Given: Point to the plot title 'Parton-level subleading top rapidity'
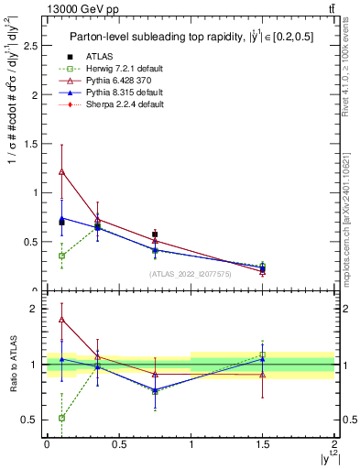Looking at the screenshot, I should click(x=151, y=37).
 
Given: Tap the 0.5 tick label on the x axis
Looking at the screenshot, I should click(x=118, y=446).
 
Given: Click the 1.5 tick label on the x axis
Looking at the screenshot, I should click(x=263, y=446).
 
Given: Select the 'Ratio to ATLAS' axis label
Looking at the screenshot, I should click(x=12, y=365).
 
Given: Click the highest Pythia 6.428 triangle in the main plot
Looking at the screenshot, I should click(x=61, y=171).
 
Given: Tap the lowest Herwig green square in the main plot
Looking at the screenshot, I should click(x=61, y=256).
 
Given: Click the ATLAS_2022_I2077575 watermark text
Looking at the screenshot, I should click(x=191, y=274).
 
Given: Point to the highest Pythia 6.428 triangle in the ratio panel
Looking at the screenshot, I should click(x=61, y=320).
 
